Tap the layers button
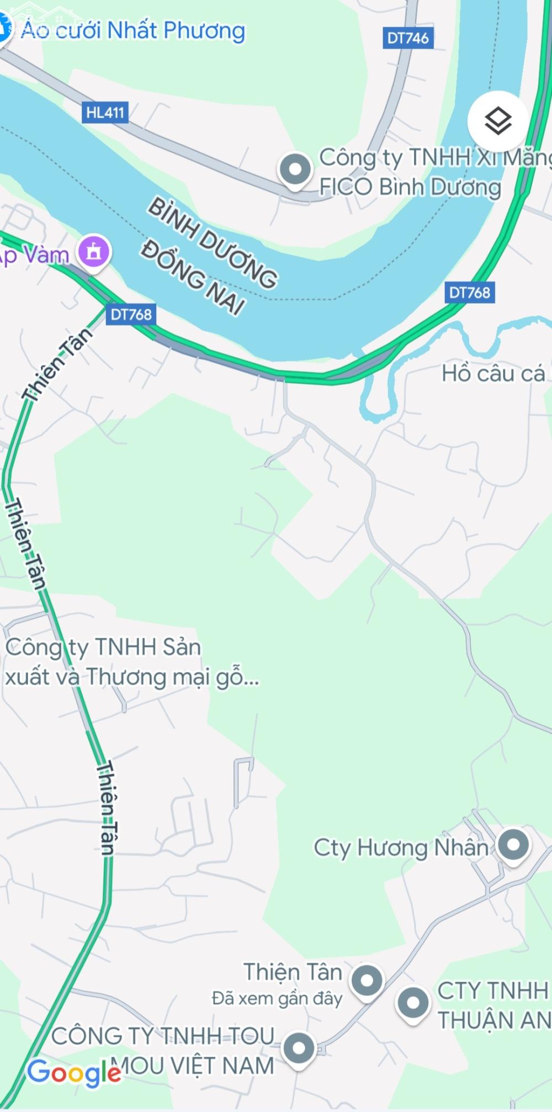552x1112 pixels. [498, 121]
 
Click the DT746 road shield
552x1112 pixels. [408, 38]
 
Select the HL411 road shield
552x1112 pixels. [105, 113]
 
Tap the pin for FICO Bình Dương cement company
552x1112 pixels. [295, 169]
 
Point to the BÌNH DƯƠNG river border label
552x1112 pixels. [213, 243]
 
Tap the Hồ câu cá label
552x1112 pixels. [493, 374]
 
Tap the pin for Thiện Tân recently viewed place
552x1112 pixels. [367, 981]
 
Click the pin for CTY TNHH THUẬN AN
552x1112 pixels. [413, 1002]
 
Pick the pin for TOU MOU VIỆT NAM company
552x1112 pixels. [299, 1047]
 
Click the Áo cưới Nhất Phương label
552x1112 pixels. [133, 30]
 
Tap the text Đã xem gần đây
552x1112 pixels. [277, 998]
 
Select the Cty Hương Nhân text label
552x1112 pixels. [401, 848]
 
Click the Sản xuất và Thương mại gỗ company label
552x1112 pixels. [131, 662]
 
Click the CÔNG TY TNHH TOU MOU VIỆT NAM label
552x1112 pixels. [163, 1051]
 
